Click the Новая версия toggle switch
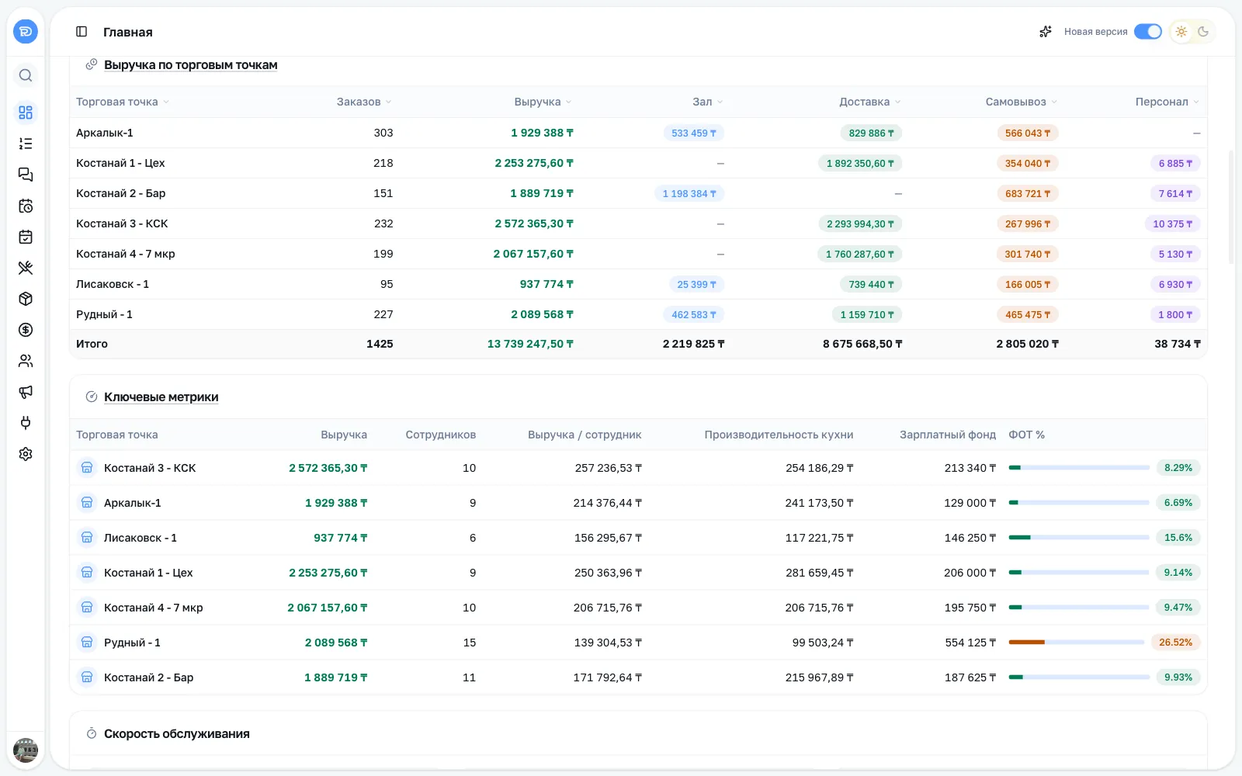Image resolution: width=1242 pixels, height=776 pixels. [x=1147, y=32]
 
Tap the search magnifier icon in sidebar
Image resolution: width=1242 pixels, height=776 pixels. [x=26, y=75]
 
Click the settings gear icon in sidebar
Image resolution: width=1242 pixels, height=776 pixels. [x=26, y=454]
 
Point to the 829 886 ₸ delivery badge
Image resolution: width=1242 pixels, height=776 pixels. [x=871, y=133]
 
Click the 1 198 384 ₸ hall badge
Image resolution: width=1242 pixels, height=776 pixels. [x=689, y=193]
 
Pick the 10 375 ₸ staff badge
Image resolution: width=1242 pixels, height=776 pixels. [x=1172, y=224]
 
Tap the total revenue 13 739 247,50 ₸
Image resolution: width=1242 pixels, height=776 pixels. [x=530, y=344]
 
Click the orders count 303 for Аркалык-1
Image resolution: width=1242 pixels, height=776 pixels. [x=383, y=133]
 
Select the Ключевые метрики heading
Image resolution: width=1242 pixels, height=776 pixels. [x=161, y=397]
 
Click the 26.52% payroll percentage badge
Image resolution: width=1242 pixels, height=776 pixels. [x=1175, y=643]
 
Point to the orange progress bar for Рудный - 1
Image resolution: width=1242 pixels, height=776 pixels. [x=1026, y=643]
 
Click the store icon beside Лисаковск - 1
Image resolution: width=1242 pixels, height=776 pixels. [x=87, y=538]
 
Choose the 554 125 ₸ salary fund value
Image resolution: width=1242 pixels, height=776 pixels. [x=970, y=643]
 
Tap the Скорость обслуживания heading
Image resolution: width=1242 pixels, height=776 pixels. [x=177, y=733]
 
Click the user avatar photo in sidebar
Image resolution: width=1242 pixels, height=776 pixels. [x=26, y=750]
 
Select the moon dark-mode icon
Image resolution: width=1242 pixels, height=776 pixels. [x=1202, y=32]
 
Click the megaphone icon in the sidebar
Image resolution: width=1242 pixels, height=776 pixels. [x=26, y=392]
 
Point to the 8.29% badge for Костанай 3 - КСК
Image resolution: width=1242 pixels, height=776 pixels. [x=1178, y=468]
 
